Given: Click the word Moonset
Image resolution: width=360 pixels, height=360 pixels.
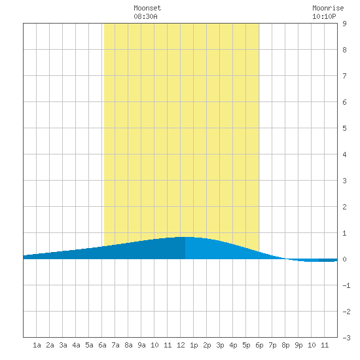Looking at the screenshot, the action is click(x=147, y=8).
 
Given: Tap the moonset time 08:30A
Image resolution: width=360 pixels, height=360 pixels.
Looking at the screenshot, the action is click(x=145, y=16).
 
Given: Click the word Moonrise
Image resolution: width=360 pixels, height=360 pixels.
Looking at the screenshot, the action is click(x=328, y=8).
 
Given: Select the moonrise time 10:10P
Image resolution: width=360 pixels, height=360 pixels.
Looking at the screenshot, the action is click(x=324, y=16).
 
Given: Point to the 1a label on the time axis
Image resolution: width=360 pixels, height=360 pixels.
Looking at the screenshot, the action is click(x=37, y=345).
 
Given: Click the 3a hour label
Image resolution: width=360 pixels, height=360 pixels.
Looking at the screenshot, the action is click(x=63, y=345).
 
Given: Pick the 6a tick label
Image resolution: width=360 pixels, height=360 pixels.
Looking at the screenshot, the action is click(x=102, y=345).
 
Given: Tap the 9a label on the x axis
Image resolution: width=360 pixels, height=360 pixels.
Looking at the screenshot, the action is click(x=141, y=345).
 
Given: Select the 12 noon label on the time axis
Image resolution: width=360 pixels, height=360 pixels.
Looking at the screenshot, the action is click(x=181, y=345).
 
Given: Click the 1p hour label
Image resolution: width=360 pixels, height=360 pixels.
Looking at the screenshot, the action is click(x=194, y=345).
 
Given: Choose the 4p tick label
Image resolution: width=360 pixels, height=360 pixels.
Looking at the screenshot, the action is click(x=233, y=345).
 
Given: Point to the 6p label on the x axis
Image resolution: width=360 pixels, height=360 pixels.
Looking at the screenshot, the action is click(x=259, y=345).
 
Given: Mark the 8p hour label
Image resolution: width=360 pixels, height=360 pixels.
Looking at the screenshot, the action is click(x=285, y=345).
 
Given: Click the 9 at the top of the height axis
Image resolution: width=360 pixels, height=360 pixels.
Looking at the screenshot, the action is click(x=344, y=24).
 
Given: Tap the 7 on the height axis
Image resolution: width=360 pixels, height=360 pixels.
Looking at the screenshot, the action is click(x=344, y=76).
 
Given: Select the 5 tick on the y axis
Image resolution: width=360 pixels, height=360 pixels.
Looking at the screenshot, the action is click(x=344, y=128).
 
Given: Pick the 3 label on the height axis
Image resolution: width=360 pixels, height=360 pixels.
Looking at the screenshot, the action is click(x=344, y=181).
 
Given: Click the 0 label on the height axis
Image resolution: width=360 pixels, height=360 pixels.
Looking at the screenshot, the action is click(x=344, y=259).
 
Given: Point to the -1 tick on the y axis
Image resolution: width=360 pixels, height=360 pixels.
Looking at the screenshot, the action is click(x=346, y=285).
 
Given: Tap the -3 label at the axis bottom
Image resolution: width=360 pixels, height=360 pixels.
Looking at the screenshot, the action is click(x=346, y=338).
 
